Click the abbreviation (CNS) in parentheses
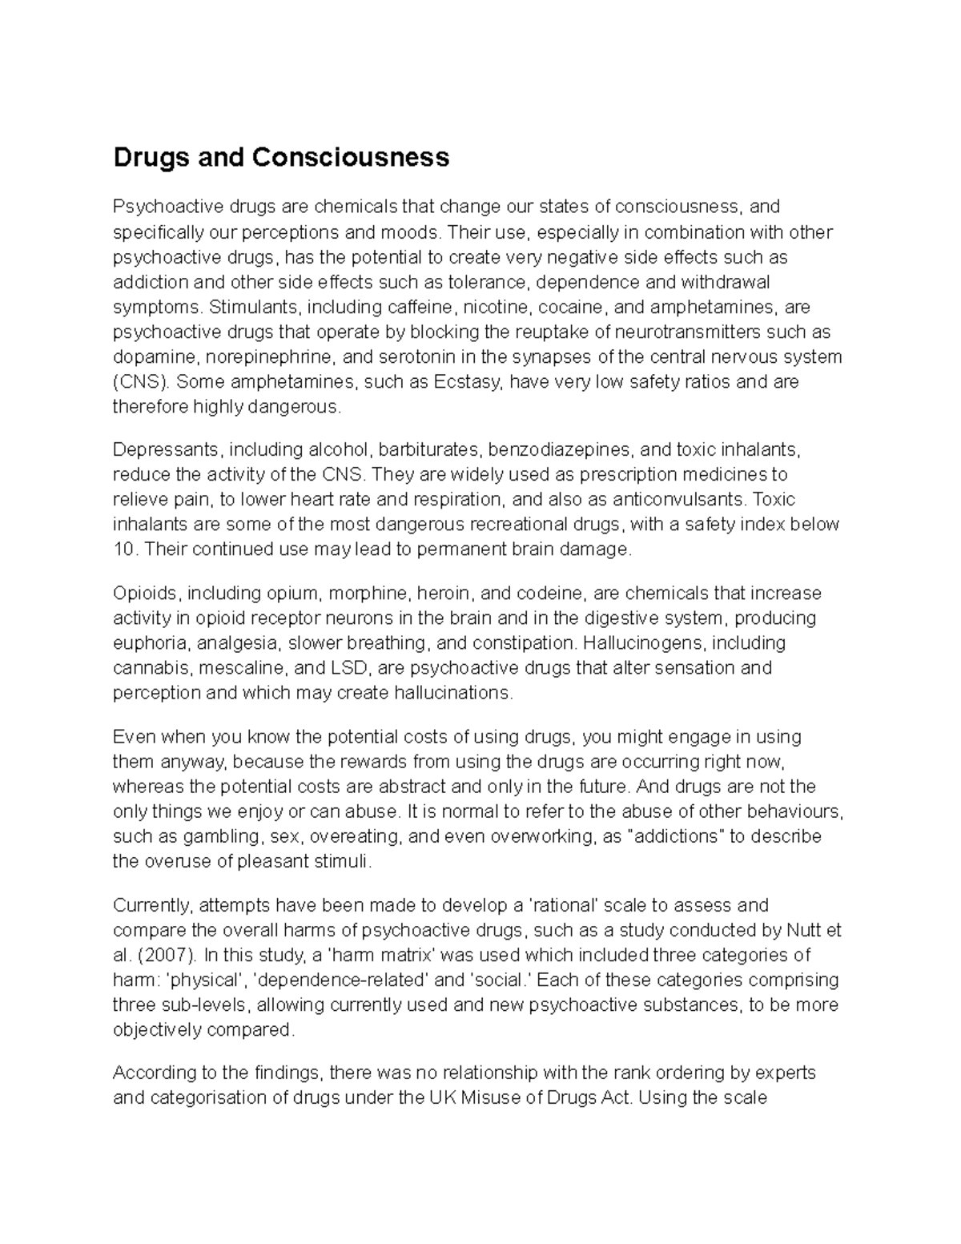pyautogui.click(x=141, y=382)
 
